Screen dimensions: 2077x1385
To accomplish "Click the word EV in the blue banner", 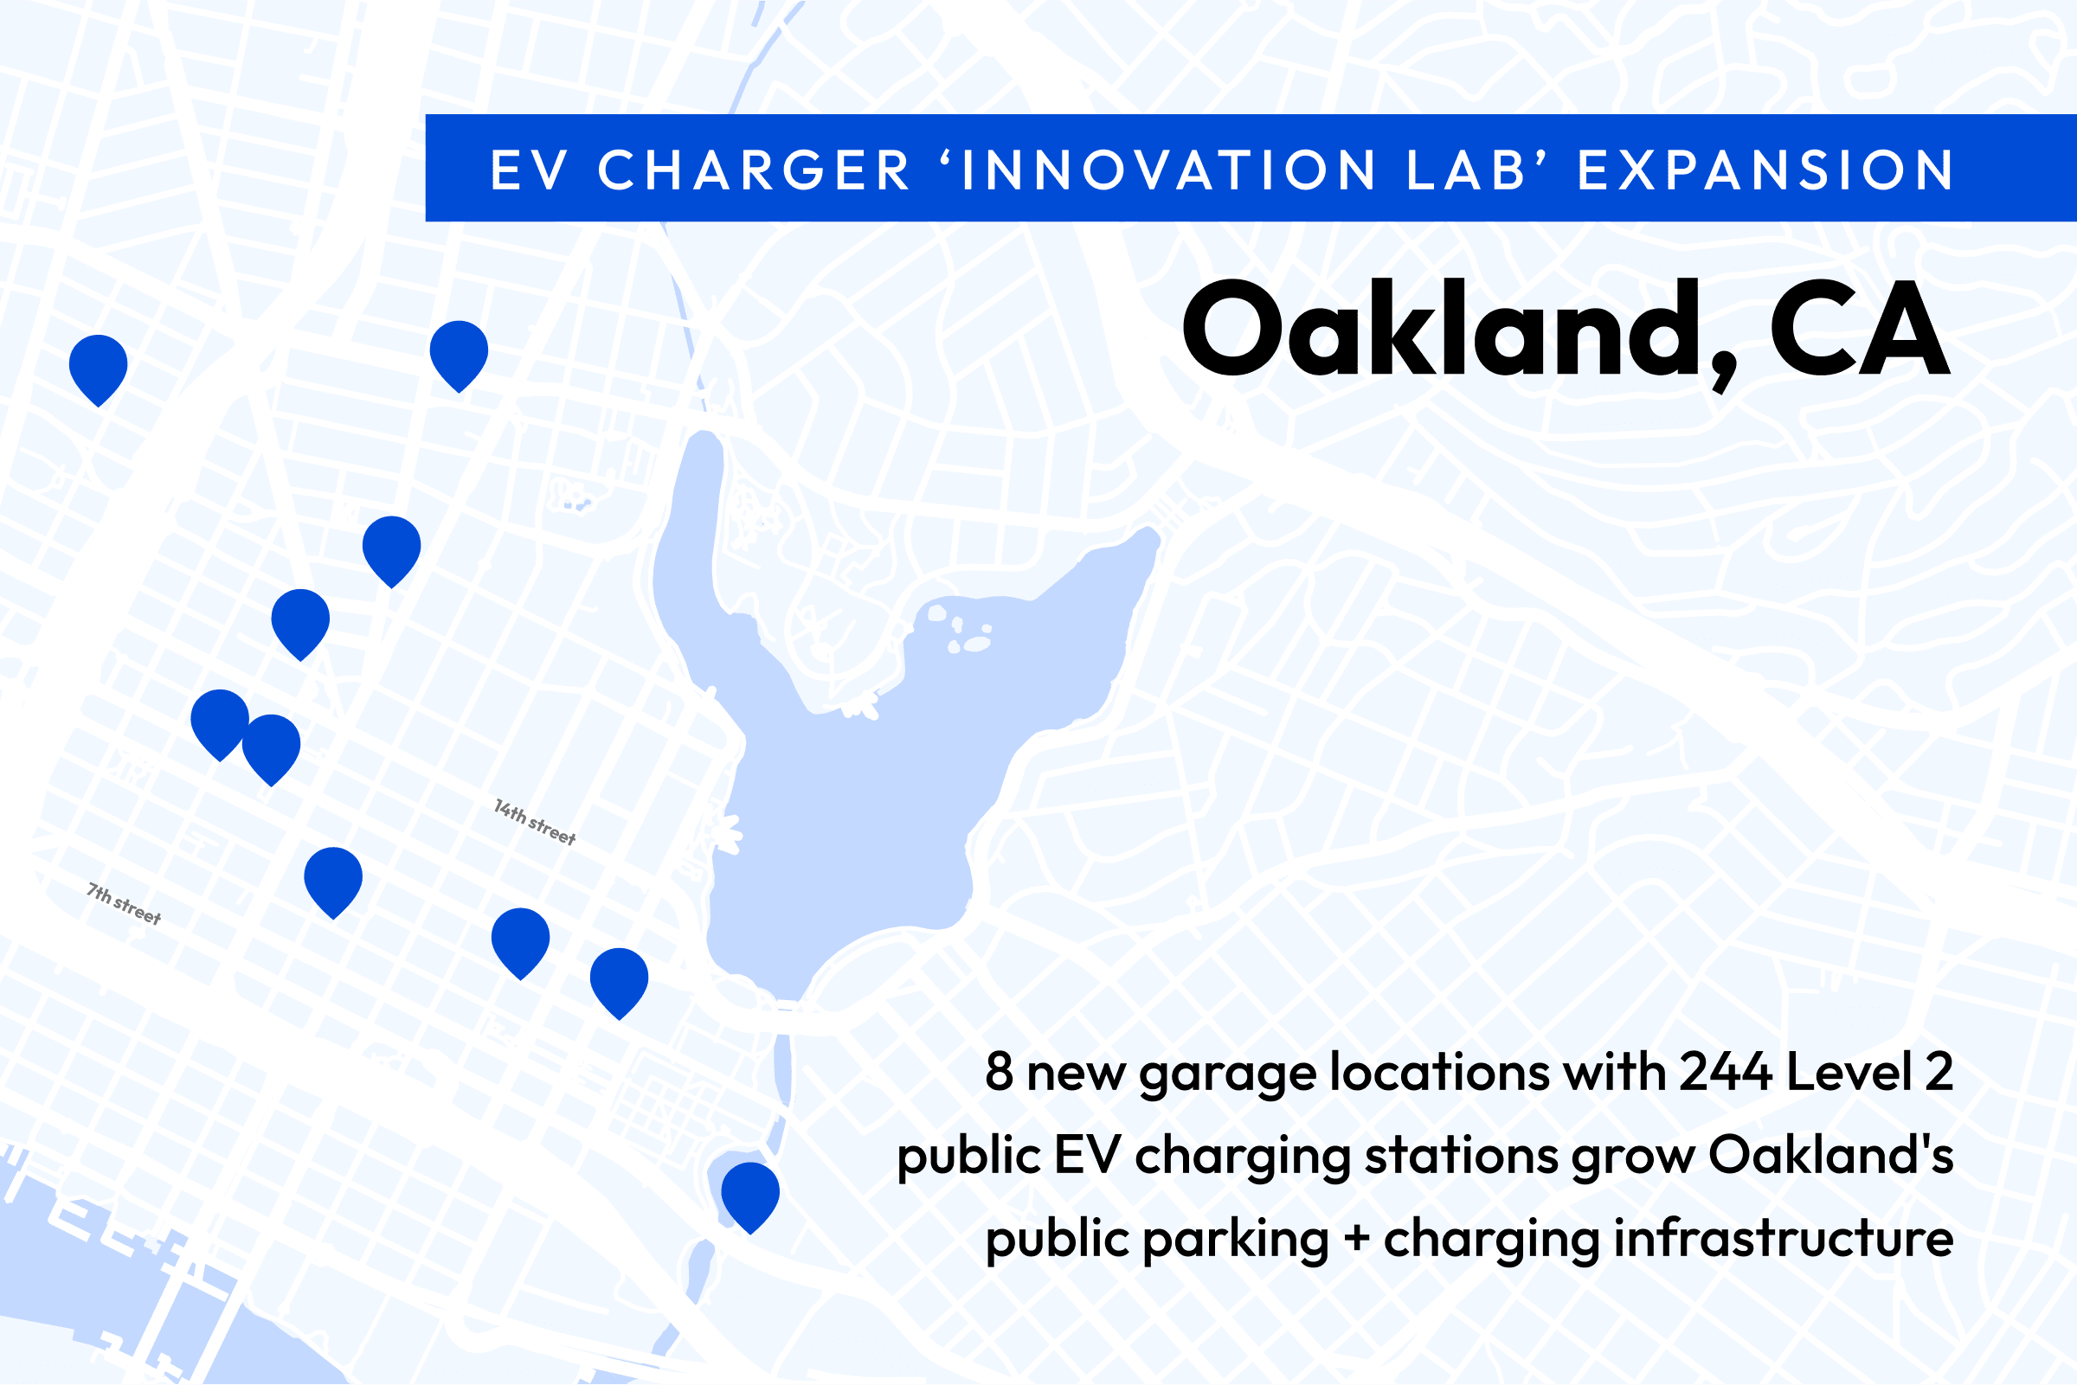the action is pyautogui.click(x=527, y=170).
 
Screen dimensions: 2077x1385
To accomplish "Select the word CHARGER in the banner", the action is pyautogui.click(x=754, y=170).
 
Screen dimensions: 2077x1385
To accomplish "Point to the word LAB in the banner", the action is pyautogui.click(x=1466, y=170).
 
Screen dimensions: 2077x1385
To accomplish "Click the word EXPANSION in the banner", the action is pyautogui.click(x=1767, y=170).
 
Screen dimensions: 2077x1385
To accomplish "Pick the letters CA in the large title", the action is pyautogui.click(x=1859, y=329).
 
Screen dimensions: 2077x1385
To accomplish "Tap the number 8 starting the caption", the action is pyautogui.click(x=1000, y=1071).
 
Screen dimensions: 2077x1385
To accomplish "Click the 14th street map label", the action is pyautogui.click(x=536, y=823).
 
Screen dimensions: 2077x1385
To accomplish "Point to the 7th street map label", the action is pyautogui.click(x=125, y=904).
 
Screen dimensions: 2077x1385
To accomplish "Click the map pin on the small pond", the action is pyautogui.click(x=750, y=1197).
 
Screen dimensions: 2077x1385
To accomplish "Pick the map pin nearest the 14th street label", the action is pyautogui.click(x=520, y=942).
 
